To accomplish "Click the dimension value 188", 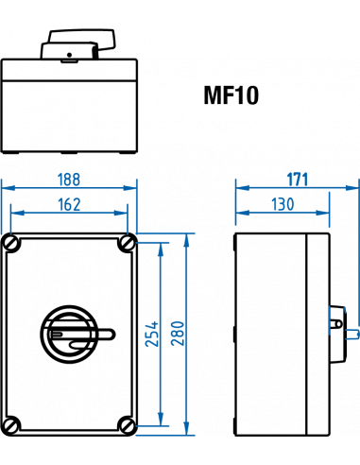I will tap(69, 179).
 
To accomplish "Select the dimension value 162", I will tap(69, 203).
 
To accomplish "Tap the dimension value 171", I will tap(298, 178).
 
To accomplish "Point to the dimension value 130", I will tap(283, 203).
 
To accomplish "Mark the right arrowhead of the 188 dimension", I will tap(132, 188).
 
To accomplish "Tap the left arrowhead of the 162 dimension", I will tap(15, 213).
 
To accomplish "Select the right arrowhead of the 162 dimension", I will tap(123, 213).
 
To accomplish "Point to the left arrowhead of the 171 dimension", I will tap(240, 187).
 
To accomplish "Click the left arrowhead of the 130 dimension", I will tap(241, 213).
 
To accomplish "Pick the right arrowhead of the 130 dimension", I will tap(325, 213).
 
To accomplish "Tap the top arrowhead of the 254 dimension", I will tap(161, 247).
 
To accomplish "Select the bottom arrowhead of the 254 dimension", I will tap(161, 422).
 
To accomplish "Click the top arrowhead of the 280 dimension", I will tap(187, 239).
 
